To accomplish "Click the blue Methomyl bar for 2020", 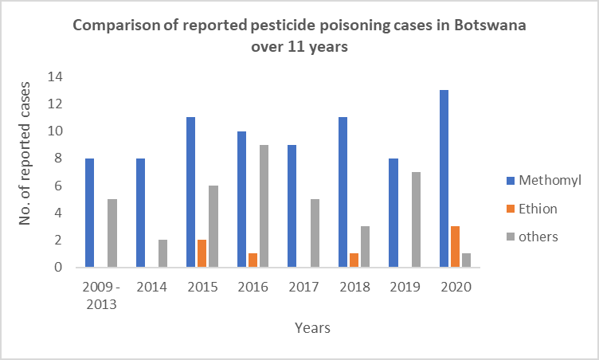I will (x=443, y=178).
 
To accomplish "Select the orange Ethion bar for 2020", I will (x=455, y=247).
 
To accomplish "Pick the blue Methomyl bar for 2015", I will (x=191, y=192).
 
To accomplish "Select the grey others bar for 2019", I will (x=417, y=219).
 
